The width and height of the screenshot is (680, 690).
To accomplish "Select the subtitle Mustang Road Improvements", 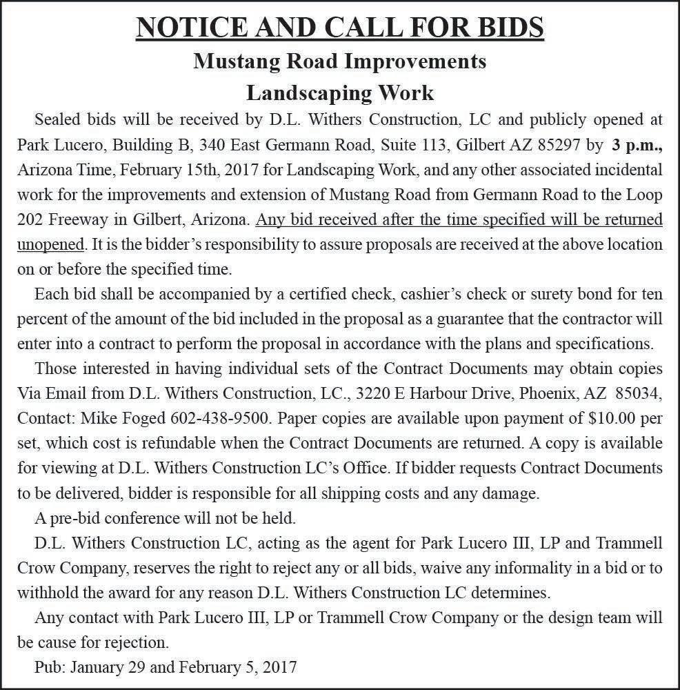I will pyautogui.click(x=339, y=61).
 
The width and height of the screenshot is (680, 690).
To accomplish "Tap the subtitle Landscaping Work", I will pyautogui.click(x=339, y=92).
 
